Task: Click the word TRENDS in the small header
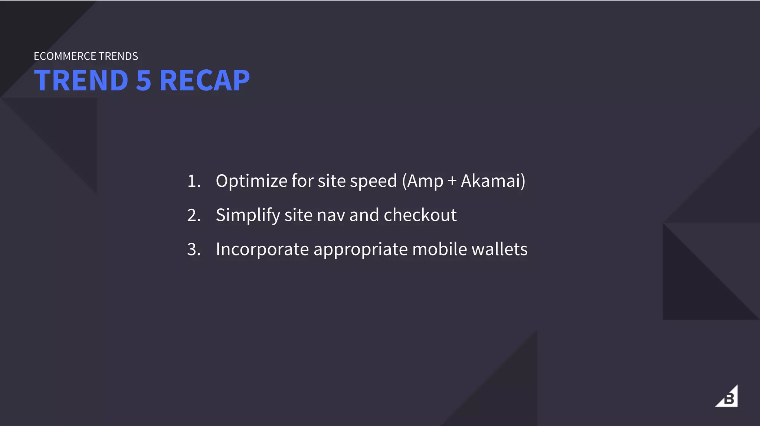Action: (x=118, y=56)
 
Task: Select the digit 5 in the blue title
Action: (x=144, y=80)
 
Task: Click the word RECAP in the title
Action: (x=204, y=80)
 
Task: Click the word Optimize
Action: (x=251, y=181)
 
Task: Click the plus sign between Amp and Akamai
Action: (x=452, y=181)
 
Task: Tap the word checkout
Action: (x=420, y=215)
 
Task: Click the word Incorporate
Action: (x=262, y=249)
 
